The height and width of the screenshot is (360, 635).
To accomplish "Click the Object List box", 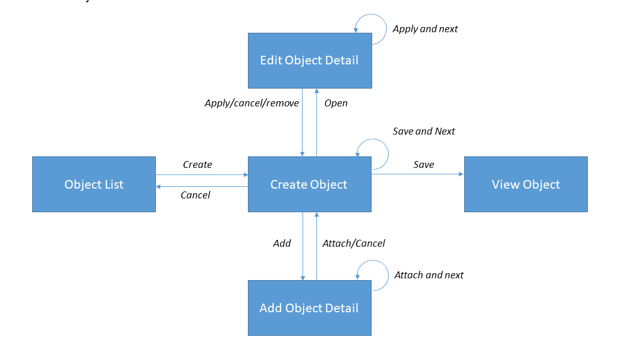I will click(94, 185).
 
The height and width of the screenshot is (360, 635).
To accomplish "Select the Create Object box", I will click(309, 185).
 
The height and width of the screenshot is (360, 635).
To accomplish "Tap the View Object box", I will click(526, 185).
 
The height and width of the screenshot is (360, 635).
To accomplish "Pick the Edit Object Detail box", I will click(309, 60).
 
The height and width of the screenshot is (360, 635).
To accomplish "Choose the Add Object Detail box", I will click(309, 308).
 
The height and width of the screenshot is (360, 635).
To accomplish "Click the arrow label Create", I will click(197, 164).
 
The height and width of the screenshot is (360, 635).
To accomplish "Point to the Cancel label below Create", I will click(195, 195).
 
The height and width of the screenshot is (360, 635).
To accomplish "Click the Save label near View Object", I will click(423, 164).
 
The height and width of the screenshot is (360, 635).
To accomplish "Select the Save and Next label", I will click(423, 131).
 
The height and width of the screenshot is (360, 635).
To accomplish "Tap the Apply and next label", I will click(425, 29).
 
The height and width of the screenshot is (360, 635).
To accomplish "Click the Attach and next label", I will click(429, 275).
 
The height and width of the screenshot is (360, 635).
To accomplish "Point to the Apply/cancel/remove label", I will click(251, 104).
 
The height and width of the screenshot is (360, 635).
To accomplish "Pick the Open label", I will click(336, 104).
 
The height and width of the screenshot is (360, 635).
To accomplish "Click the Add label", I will click(282, 243).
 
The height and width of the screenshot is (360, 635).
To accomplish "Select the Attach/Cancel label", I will click(353, 243).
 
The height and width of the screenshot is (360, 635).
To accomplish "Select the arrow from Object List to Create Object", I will click(201, 174).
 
